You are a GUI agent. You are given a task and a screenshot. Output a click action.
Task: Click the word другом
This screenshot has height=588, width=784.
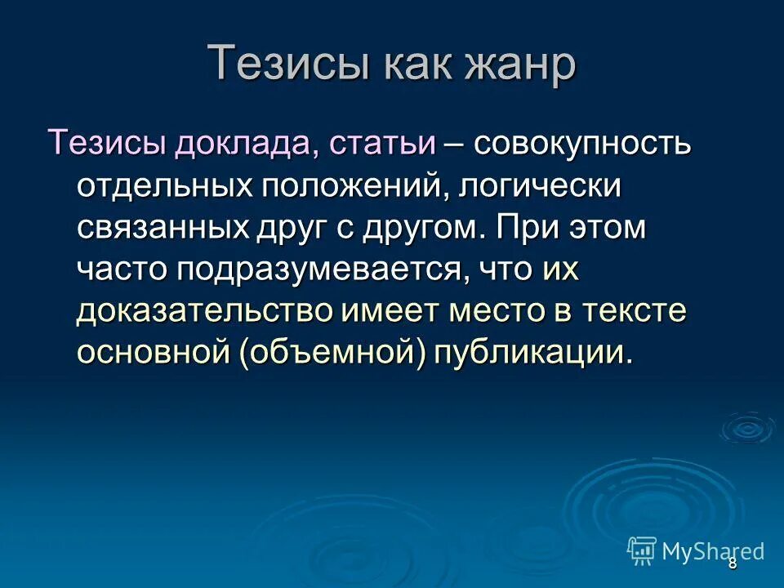[419, 227]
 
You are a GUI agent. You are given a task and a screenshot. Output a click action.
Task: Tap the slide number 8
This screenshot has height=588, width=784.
[732, 563]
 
